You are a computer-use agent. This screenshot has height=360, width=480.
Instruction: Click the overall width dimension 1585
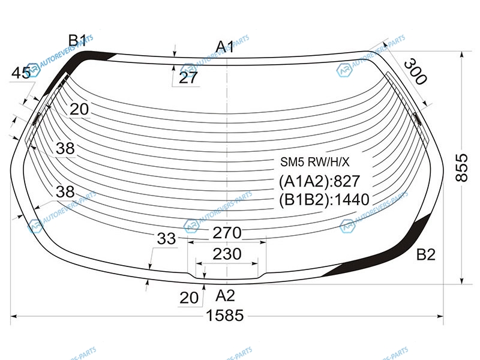pyautogui.click(x=225, y=315)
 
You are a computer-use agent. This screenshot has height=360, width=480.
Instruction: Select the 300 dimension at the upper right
pyautogui.click(x=415, y=72)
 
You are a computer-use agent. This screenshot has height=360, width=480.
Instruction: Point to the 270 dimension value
pyautogui.click(x=227, y=233)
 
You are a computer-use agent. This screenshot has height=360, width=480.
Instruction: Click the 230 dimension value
pyautogui.click(x=227, y=254)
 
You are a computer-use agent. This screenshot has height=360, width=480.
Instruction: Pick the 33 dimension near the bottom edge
pyautogui.click(x=167, y=238)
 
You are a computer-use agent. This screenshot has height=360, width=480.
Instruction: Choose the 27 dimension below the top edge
pyautogui.click(x=188, y=78)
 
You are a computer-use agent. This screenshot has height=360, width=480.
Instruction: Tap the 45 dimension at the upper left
pyautogui.click(x=21, y=73)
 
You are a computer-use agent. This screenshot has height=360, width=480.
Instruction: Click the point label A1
pyautogui.click(x=224, y=47)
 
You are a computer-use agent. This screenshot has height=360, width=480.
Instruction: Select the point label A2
pyautogui.click(x=226, y=296)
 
